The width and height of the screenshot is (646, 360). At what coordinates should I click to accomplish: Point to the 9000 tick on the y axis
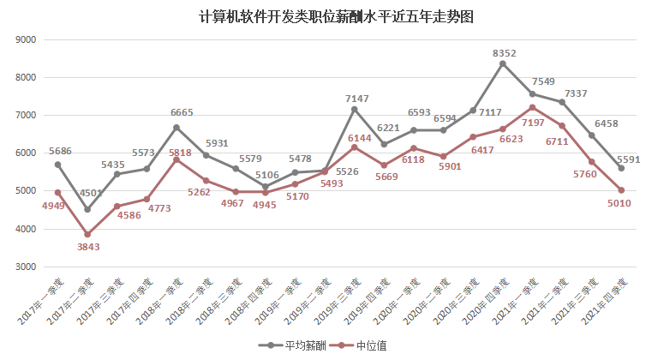26,39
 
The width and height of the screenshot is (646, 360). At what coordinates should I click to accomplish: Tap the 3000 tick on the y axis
26,267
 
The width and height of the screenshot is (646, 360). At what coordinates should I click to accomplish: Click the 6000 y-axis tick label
26,153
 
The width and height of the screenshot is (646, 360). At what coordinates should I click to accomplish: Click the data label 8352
504,53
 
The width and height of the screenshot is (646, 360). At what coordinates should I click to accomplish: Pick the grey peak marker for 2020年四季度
503,63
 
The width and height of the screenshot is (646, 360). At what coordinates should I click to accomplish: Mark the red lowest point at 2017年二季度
87,234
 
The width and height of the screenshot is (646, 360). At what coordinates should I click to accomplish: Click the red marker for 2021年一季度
532,107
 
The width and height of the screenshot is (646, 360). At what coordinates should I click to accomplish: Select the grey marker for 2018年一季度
176,128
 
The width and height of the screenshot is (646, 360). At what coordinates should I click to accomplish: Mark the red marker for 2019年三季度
354,147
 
